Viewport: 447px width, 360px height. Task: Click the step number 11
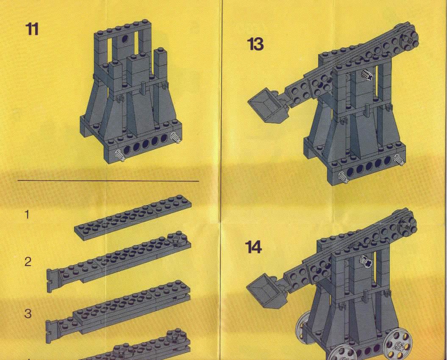click(x=32, y=29)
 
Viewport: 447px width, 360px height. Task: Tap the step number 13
click(x=255, y=44)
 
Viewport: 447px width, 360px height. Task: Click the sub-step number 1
click(x=27, y=214)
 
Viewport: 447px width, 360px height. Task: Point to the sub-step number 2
click(x=28, y=262)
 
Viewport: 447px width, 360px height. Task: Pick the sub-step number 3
click(x=28, y=313)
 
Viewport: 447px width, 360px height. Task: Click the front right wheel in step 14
click(x=397, y=343)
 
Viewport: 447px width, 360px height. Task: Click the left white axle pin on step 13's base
click(x=343, y=177)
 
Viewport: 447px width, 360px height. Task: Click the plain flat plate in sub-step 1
click(x=133, y=217)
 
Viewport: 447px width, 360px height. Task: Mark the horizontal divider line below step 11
click(x=108, y=181)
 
